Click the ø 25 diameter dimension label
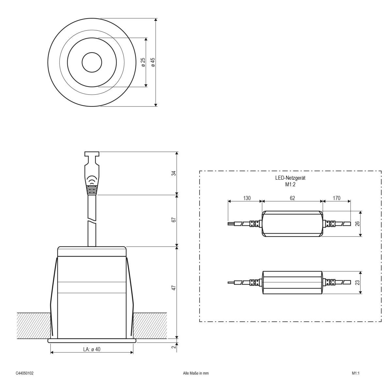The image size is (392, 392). pos(143,62)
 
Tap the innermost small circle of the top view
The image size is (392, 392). pos(91,62)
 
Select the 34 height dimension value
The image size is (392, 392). pos(174,173)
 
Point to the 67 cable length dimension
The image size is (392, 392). pos(174,220)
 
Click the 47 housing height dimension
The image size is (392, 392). pos(174,287)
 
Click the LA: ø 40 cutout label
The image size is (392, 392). pos(92,349)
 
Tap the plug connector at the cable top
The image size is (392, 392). pos(92,173)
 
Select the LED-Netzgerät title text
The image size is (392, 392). pos(290,178)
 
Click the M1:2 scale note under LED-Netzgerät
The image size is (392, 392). pos(290,184)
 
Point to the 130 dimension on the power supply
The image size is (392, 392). pos(247,198)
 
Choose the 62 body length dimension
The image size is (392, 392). pos(292,198)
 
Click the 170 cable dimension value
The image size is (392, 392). pos(336,198)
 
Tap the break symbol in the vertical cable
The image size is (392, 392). pos(92,220)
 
